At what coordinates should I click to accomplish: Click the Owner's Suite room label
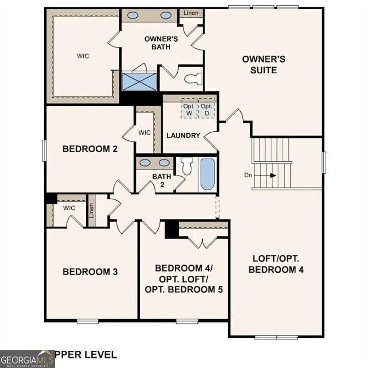(264, 64)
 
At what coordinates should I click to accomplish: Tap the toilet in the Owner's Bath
(193, 78)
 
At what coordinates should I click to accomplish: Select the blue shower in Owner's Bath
(139, 81)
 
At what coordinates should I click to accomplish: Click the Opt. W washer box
(188, 110)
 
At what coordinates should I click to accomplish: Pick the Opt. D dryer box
(207, 110)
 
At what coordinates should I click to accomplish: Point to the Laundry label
(183, 136)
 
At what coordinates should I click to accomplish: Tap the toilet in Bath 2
(186, 165)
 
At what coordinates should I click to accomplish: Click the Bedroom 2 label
(90, 149)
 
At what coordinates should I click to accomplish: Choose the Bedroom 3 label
(90, 272)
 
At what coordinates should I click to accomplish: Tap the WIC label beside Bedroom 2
(144, 132)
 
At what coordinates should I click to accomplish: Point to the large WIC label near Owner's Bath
(82, 56)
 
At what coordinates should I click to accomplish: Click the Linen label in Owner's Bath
(191, 14)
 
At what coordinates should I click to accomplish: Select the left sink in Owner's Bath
(133, 15)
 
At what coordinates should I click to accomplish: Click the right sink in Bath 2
(164, 162)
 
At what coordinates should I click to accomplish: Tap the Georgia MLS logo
(27, 358)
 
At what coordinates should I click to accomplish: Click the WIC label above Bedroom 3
(69, 208)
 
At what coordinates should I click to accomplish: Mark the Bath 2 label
(161, 180)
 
